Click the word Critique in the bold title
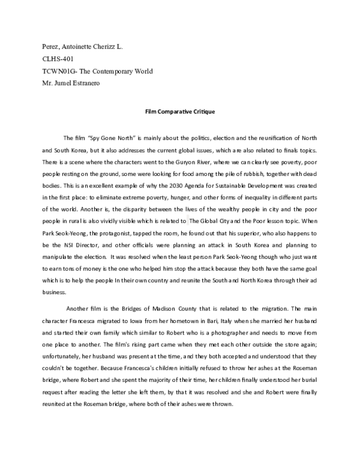click(202, 112)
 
